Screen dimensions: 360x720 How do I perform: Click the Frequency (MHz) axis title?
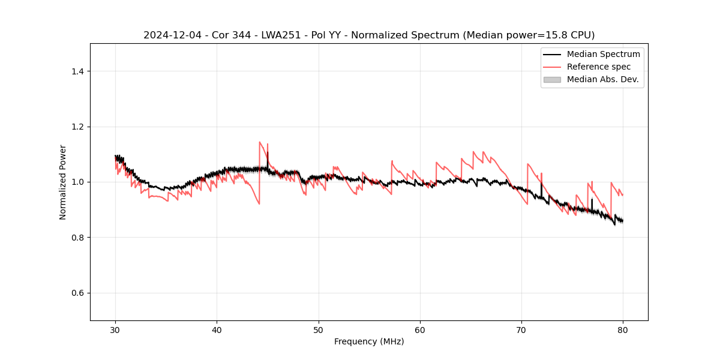click(x=369, y=341)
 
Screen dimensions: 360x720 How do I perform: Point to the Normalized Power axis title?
click(x=62, y=182)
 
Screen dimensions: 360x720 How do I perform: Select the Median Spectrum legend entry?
click(x=603, y=54)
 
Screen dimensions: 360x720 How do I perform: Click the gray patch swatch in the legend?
click(x=552, y=79)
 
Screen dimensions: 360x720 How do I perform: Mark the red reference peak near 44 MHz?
click(x=260, y=142)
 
